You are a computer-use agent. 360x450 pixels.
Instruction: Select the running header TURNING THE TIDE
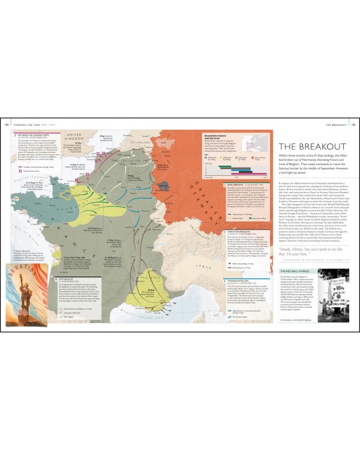[27, 124]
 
